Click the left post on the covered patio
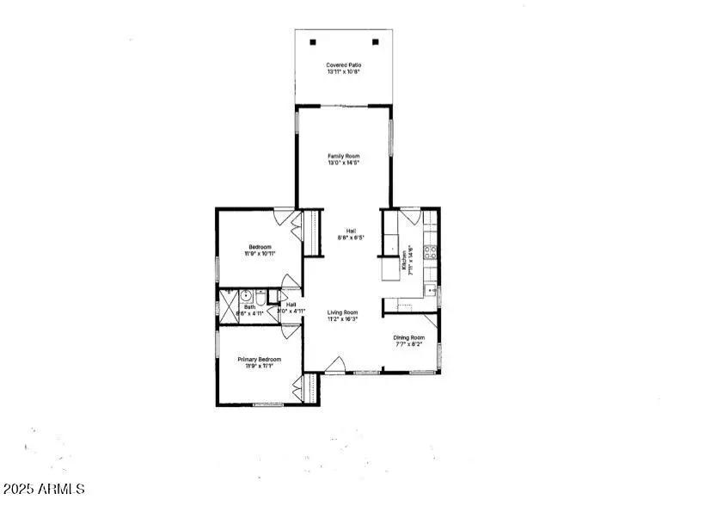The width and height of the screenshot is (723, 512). (x=313, y=41)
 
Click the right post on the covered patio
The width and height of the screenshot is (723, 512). (x=375, y=41)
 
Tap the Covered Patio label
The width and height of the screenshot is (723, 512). (x=344, y=69)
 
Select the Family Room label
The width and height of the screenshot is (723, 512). (x=343, y=159)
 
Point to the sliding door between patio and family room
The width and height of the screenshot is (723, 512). (x=344, y=107)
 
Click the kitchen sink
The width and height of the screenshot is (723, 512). (x=431, y=293)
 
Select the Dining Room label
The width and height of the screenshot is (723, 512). (x=408, y=342)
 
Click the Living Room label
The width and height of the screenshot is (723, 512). (x=342, y=316)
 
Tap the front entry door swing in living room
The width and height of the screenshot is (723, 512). (x=338, y=365)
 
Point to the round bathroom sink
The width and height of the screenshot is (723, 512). (x=245, y=293)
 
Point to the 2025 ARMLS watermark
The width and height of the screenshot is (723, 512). (x=44, y=489)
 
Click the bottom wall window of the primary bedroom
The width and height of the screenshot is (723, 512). (x=268, y=404)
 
